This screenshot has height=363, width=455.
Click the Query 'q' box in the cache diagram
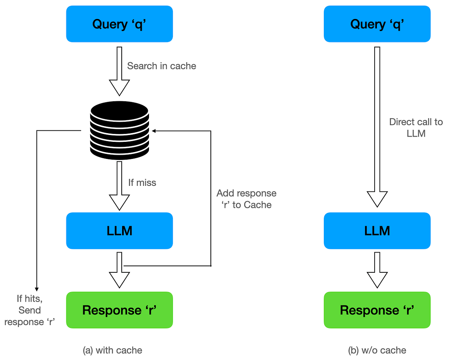click(119, 24)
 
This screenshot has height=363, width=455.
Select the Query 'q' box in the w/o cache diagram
click(377, 24)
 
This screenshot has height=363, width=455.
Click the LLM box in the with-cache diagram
click(119, 231)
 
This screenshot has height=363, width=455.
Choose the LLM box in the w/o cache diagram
click(377, 231)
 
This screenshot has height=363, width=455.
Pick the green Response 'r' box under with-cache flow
click(119, 310)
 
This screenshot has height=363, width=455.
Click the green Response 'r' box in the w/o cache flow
click(377, 310)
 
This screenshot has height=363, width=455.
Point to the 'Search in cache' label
click(162, 66)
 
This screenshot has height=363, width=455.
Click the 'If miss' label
click(142, 183)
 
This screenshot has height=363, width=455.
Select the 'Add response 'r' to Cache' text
click(246, 199)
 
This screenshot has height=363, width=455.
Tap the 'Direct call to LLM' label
click(416, 128)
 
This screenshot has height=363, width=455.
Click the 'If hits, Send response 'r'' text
click(30, 310)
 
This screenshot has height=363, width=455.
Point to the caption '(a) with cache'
click(112, 350)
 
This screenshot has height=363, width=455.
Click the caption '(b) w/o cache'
click(377, 350)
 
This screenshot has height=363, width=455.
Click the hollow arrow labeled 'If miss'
click(119, 186)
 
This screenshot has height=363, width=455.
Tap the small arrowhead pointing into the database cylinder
click(154, 130)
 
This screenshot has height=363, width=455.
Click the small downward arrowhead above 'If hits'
click(36, 288)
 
